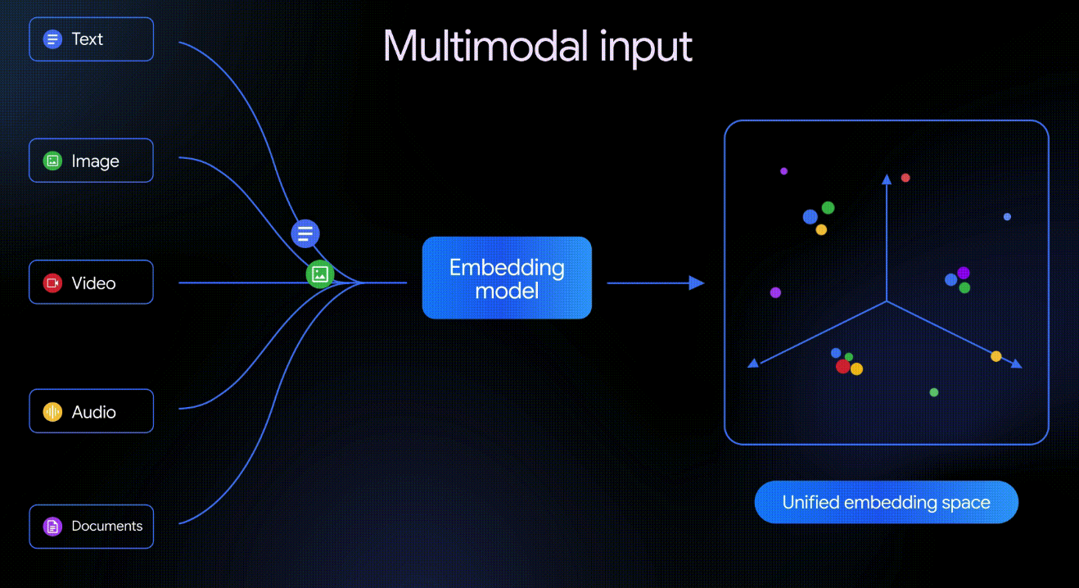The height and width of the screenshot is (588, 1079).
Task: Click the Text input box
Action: [91, 39]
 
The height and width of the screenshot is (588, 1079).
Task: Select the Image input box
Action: [91, 161]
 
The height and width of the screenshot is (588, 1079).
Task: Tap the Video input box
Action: [91, 283]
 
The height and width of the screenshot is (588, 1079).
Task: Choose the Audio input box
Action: [91, 411]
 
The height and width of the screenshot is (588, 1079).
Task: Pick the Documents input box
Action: [91, 526]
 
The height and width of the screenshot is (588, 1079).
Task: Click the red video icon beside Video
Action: [52, 283]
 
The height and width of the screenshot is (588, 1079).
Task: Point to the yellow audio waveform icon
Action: [52, 412]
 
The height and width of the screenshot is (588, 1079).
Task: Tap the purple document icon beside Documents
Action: [52, 527]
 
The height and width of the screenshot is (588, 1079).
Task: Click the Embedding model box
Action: [507, 278]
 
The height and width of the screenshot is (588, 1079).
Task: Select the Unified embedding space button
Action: [886, 502]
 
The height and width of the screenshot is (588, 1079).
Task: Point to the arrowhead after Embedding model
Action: [697, 283]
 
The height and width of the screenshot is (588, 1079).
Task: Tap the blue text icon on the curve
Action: [305, 234]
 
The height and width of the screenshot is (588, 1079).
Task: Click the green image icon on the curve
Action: [320, 274]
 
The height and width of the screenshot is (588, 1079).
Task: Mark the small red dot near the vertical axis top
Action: [905, 178]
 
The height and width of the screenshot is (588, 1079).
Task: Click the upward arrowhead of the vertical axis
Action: [886, 179]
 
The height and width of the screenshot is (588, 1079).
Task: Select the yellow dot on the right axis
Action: [996, 356]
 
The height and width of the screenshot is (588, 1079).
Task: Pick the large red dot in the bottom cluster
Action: [842, 366]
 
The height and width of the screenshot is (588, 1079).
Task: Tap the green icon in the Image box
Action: [52, 161]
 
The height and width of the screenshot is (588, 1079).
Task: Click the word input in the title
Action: [646, 47]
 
